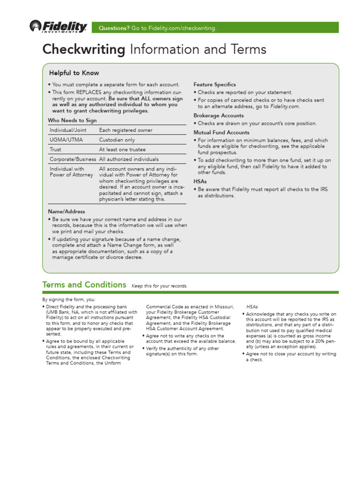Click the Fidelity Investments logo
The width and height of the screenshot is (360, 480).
click(58, 27)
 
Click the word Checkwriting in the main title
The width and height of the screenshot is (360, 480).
click(84, 49)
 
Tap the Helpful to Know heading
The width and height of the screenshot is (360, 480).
click(74, 73)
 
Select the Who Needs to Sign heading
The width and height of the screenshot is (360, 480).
click(72, 120)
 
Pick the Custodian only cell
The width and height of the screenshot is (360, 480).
click(117, 140)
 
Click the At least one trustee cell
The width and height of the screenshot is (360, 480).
click(122, 150)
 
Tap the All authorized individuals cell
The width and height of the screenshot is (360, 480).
click(129, 159)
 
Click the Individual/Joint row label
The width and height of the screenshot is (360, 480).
click(68, 130)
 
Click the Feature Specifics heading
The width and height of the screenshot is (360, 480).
click(215, 84)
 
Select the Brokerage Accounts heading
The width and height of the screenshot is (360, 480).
click(218, 115)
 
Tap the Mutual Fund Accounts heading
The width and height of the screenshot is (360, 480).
click(221, 132)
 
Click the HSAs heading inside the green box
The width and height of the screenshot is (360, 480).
click(200, 181)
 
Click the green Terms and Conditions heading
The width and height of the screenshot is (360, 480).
click(84, 285)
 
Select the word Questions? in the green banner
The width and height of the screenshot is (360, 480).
click(114, 28)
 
